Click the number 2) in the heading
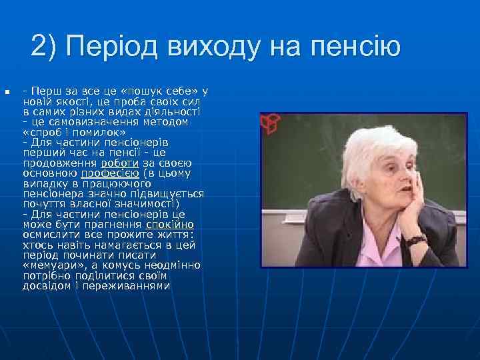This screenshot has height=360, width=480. tap(45, 47)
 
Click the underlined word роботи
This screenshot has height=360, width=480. tap(120, 163)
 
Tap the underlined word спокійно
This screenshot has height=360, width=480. tap(170, 225)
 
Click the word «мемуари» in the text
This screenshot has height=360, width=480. tap(50, 265)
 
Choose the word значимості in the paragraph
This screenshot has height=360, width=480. tap(145, 204)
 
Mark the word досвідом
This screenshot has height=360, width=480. tap(45, 286)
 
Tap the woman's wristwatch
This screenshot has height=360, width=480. tap(416, 240)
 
